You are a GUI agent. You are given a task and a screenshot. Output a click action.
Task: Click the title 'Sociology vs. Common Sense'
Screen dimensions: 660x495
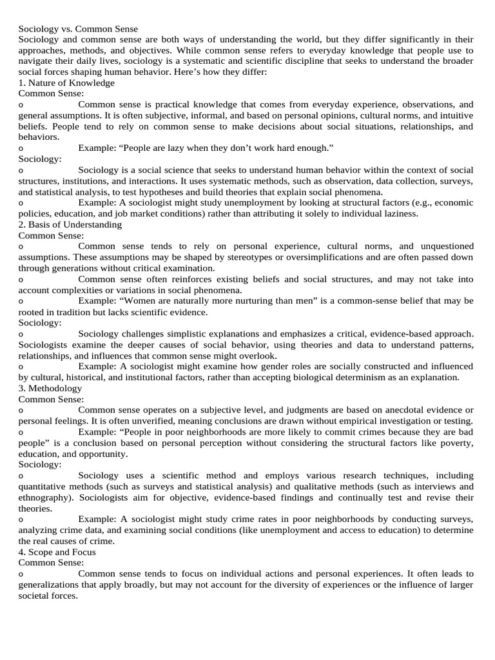(x=78, y=29)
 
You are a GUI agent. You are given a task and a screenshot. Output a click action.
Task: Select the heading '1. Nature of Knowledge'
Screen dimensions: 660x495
(x=66, y=82)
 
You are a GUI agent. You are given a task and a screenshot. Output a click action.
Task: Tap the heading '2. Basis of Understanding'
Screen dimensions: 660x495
(x=70, y=224)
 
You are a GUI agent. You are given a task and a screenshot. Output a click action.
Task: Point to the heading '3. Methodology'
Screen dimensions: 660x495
(x=50, y=388)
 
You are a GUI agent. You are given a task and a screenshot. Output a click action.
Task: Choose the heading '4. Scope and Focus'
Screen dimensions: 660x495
(x=57, y=552)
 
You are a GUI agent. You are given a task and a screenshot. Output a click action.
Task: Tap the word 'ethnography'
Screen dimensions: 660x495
(x=43, y=498)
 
